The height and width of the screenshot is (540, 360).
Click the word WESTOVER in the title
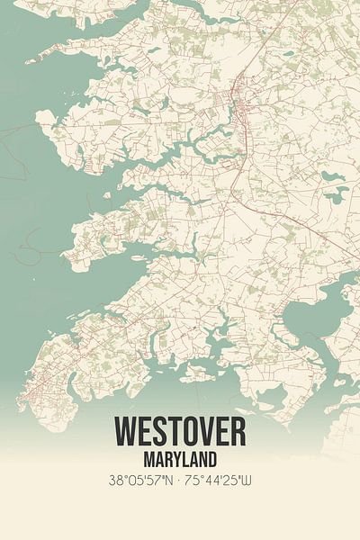[x=180, y=433]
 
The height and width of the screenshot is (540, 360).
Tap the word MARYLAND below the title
[x=180, y=458]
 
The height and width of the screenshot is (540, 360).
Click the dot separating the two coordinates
[x=181, y=481]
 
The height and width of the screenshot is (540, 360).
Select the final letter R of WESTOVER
[x=237, y=433]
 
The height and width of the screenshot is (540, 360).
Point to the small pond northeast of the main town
[x=287, y=54]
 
